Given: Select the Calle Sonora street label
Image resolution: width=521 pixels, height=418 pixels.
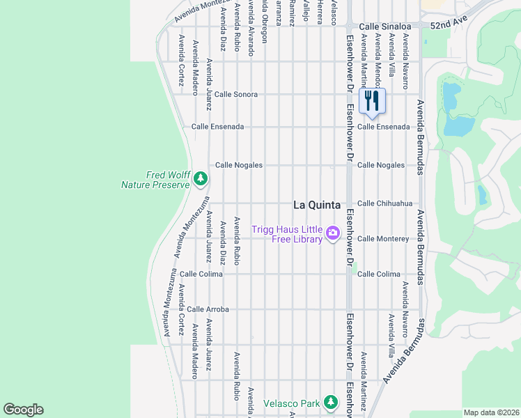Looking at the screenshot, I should point(236,94).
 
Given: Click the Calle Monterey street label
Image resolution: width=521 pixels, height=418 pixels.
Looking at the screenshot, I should point(383,238).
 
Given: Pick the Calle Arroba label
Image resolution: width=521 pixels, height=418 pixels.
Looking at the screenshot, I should point(208,309).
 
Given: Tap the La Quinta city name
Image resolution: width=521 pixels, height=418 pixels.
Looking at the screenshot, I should point(317,205).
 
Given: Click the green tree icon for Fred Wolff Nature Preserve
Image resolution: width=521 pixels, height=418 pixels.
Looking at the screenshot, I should point(201,180).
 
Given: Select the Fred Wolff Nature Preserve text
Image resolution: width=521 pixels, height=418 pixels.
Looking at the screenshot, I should point(155,180).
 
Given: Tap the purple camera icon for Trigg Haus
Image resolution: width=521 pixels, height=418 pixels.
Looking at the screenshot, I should point(332,233).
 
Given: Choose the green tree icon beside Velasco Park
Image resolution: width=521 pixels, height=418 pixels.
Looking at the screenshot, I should point(331,402).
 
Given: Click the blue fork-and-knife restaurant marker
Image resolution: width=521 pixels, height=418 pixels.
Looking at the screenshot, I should point(372,101).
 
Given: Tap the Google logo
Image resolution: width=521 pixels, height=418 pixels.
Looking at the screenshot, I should point(23,410).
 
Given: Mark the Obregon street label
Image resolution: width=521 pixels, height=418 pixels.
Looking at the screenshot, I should point(264,14).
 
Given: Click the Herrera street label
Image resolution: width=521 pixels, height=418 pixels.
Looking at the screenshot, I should point(320,10).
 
